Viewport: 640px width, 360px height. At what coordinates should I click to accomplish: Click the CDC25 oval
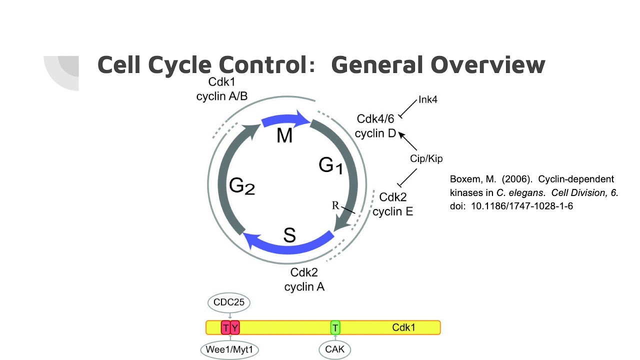pyautogui.click(x=229, y=302)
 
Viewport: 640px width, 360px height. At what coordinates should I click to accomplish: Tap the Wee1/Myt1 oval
pyautogui.click(x=229, y=349)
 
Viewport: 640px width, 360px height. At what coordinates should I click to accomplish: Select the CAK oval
pyautogui.click(x=334, y=349)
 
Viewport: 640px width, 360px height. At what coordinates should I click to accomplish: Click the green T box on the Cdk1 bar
pyautogui.click(x=335, y=328)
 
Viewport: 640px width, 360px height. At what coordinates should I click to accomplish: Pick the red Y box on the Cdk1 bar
pyautogui.click(x=235, y=328)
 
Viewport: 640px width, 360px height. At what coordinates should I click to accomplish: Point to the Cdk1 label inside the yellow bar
pyautogui.click(x=403, y=328)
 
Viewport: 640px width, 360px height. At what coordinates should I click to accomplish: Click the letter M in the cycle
pyautogui.click(x=284, y=135)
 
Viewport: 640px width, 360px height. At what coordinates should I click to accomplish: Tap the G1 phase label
pyautogui.click(x=331, y=165)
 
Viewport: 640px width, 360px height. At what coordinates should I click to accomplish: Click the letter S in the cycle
pyautogui.click(x=289, y=235)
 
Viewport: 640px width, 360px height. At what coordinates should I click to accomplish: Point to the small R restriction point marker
pyautogui.click(x=335, y=205)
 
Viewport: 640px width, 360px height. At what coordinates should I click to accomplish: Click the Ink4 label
pyautogui.click(x=427, y=100)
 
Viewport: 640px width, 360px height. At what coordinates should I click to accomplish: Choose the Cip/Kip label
pyautogui.click(x=426, y=159)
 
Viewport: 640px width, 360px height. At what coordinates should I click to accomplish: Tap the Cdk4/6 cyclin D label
pyautogui.click(x=375, y=126)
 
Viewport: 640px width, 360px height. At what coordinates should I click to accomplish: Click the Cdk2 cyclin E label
pyautogui.click(x=393, y=204)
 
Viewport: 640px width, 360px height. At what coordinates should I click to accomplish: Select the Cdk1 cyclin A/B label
pyautogui.click(x=222, y=89)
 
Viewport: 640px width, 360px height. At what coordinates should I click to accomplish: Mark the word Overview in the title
pyautogui.click(x=487, y=65)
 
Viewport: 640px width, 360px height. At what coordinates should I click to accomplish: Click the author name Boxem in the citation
pyautogui.click(x=464, y=179)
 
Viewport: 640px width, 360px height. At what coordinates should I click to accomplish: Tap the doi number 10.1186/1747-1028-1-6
pyautogui.click(x=522, y=205)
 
